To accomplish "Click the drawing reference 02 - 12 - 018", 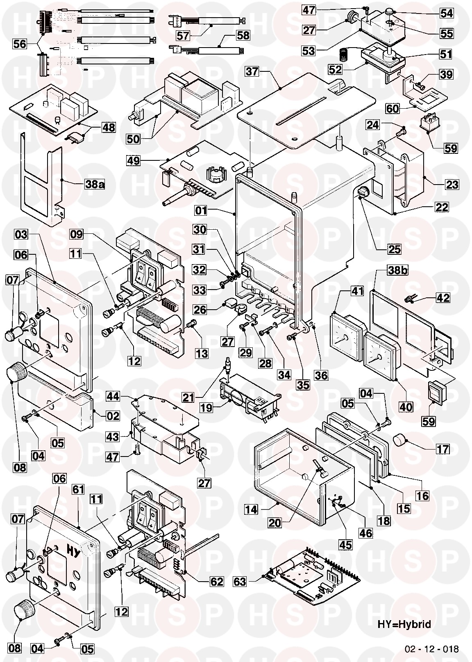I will [x=431, y=649].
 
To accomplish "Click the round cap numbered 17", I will [x=400, y=442].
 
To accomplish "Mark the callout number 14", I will [x=252, y=509].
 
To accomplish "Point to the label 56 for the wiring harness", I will [x=19, y=44].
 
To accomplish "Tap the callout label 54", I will [x=447, y=14].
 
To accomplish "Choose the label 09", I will [x=77, y=235].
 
